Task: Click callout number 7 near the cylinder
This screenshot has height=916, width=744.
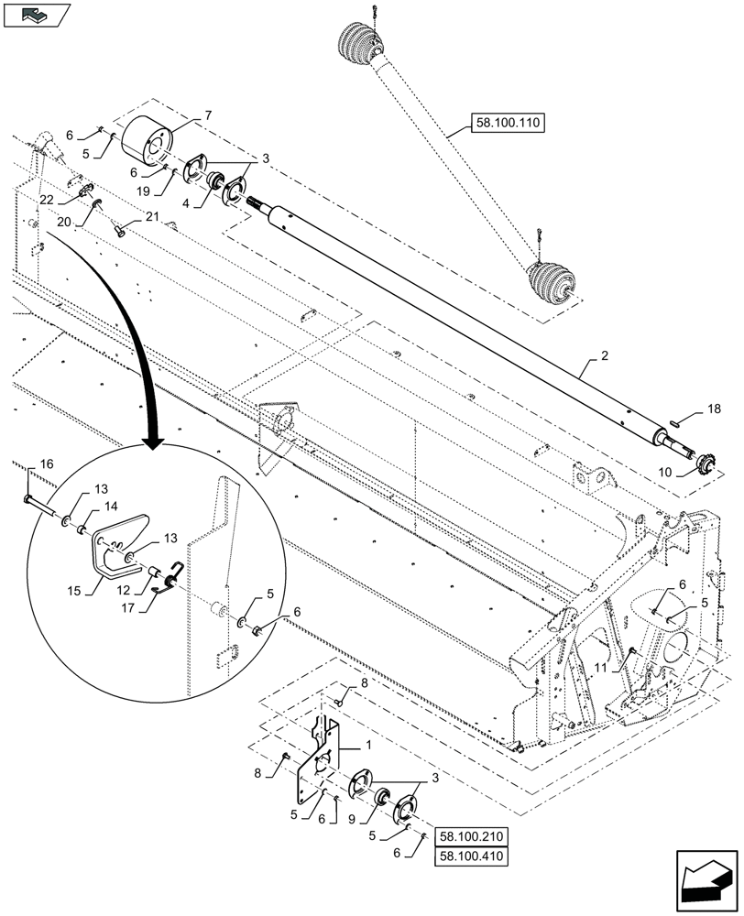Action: [208, 115]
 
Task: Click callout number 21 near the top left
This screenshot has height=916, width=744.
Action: [151, 216]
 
